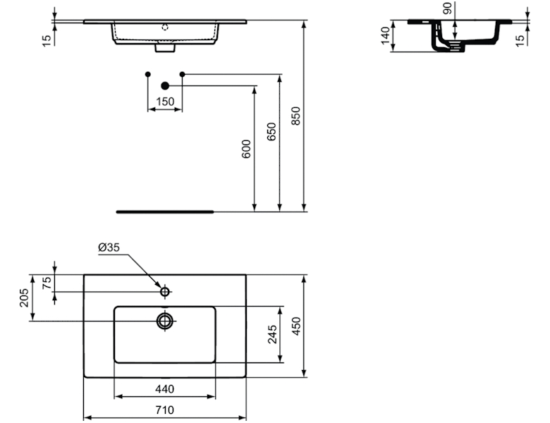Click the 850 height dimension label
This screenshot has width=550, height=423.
(x=296, y=116)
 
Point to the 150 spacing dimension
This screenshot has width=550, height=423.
(x=164, y=102)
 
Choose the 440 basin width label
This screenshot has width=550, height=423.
(x=165, y=389)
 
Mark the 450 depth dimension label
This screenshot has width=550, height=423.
(x=297, y=325)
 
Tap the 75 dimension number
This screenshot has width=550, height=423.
(x=47, y=282)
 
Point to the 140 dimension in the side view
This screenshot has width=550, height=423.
(x=385, y=36)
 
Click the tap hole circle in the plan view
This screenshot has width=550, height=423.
(x=165, y=291)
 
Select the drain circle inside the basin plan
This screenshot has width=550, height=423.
(x=165, y=321)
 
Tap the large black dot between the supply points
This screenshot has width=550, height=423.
(x=164, y=85)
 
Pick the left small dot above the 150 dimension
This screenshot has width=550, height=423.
(x=147, y=74)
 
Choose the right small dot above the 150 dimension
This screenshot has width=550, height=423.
(x=182, y=74)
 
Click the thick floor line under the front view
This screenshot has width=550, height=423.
(x=164, y=210)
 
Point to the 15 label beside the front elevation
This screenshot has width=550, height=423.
(x=47, y=39)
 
